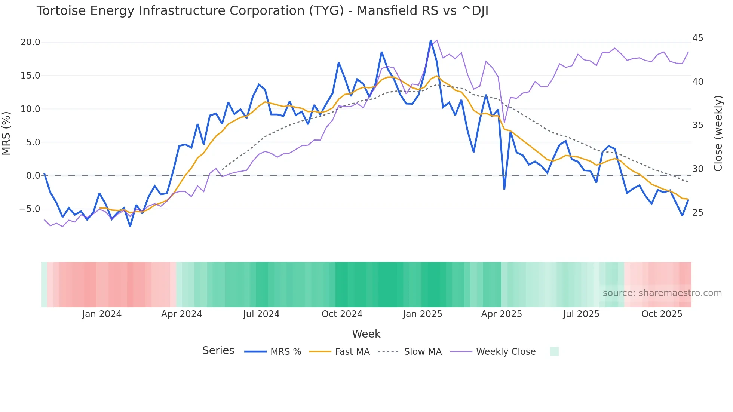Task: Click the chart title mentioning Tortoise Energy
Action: point(262,11)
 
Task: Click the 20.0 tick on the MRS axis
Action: point(30,42)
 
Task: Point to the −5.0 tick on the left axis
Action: point(30,209)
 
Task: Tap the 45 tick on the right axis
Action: point(697,38)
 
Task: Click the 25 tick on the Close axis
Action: point(697,213)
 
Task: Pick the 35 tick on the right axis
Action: point(697,125)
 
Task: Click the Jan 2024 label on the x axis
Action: point(102,314)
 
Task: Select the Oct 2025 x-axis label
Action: point(662,314)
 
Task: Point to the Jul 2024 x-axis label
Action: point(261,314)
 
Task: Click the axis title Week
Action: point(366,334)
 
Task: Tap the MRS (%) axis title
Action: point(6,133)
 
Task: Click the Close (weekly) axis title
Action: point(718,133)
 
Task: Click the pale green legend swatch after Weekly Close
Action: point(554,351)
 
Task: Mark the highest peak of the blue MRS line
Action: point(430,41)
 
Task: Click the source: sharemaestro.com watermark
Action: point(662,293)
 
